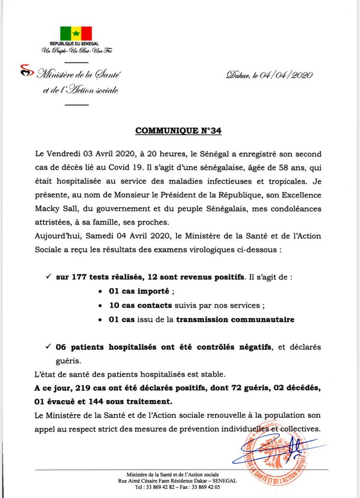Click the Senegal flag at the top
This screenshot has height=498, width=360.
pos(75,34)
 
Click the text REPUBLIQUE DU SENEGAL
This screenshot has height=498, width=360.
pos(75,44)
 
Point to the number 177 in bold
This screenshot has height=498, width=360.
pos(80,267)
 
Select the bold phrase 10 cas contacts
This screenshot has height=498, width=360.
pos(139,305)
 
